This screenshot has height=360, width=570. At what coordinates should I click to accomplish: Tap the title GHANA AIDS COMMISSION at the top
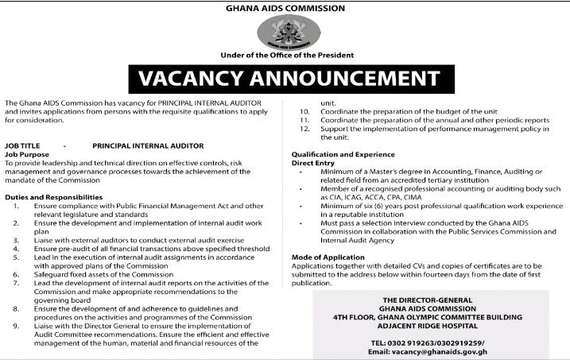tap(285, 8)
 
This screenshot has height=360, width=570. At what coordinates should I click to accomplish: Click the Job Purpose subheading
tap(27, 153)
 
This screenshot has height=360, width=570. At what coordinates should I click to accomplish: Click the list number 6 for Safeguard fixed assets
tap(17, 273)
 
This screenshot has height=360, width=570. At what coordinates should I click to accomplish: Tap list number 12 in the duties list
tap(304, 128)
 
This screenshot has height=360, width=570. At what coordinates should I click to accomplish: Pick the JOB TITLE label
tap(22, 145)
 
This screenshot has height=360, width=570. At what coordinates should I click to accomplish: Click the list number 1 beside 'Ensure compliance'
tap(17, 205)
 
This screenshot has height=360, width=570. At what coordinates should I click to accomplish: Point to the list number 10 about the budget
tap(304, 111)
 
